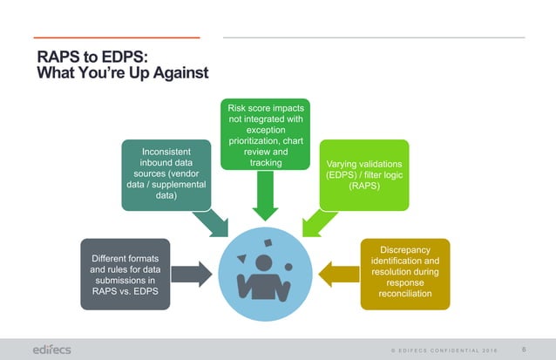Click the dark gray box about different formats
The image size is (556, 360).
(125, 274)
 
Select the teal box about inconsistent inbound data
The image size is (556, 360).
(166, 173)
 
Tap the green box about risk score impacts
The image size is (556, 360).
(264, 134)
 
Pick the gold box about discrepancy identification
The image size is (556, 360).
(405, 274)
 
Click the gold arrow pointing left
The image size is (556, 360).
(336, 274)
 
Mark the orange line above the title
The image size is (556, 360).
(118, 37)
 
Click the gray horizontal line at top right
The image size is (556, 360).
(374, 37)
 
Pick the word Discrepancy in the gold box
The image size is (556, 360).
(405, 250)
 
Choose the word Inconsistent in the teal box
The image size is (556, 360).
(166, 150)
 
